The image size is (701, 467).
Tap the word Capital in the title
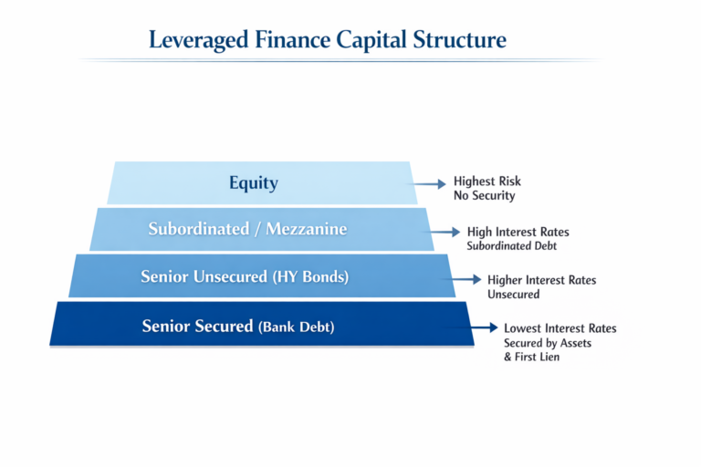[x=370, y=40]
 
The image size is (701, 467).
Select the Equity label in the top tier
[x=254, y=182]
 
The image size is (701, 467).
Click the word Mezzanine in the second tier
[x=306, y=229]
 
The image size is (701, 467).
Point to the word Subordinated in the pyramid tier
[x=202, y=229]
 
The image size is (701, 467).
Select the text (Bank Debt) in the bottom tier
[x=297, y=327]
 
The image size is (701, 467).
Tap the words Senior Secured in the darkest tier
[x=197, y=326]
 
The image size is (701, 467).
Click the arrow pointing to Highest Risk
[x=430, y=183]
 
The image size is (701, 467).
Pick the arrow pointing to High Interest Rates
[x=445, y=233]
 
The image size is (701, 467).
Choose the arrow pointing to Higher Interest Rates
[x=466, y=279]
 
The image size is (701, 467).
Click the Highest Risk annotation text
[x=487, y=182]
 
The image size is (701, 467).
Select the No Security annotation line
[x=484, y=196]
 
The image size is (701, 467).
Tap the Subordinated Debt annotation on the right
[x=512, y=246]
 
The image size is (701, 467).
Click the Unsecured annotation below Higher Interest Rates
[x=513, y=295]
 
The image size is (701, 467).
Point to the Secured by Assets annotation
[x=547, y=343]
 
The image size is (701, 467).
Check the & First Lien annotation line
[x=531, y=358]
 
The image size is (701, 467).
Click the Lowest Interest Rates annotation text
[x=560, y=327]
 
